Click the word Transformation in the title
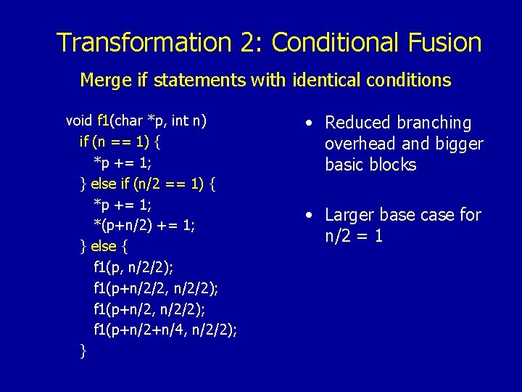[x=145, y=43]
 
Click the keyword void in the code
[x=79, y=120]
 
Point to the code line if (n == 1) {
[x=120, y=141]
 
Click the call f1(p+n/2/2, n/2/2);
[x=156, y=288]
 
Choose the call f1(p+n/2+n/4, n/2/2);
[x=165, y=330]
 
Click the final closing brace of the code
[x=83, y=351]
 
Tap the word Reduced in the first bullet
[x=358, y=123]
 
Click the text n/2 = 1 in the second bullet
[x=355, y=236]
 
